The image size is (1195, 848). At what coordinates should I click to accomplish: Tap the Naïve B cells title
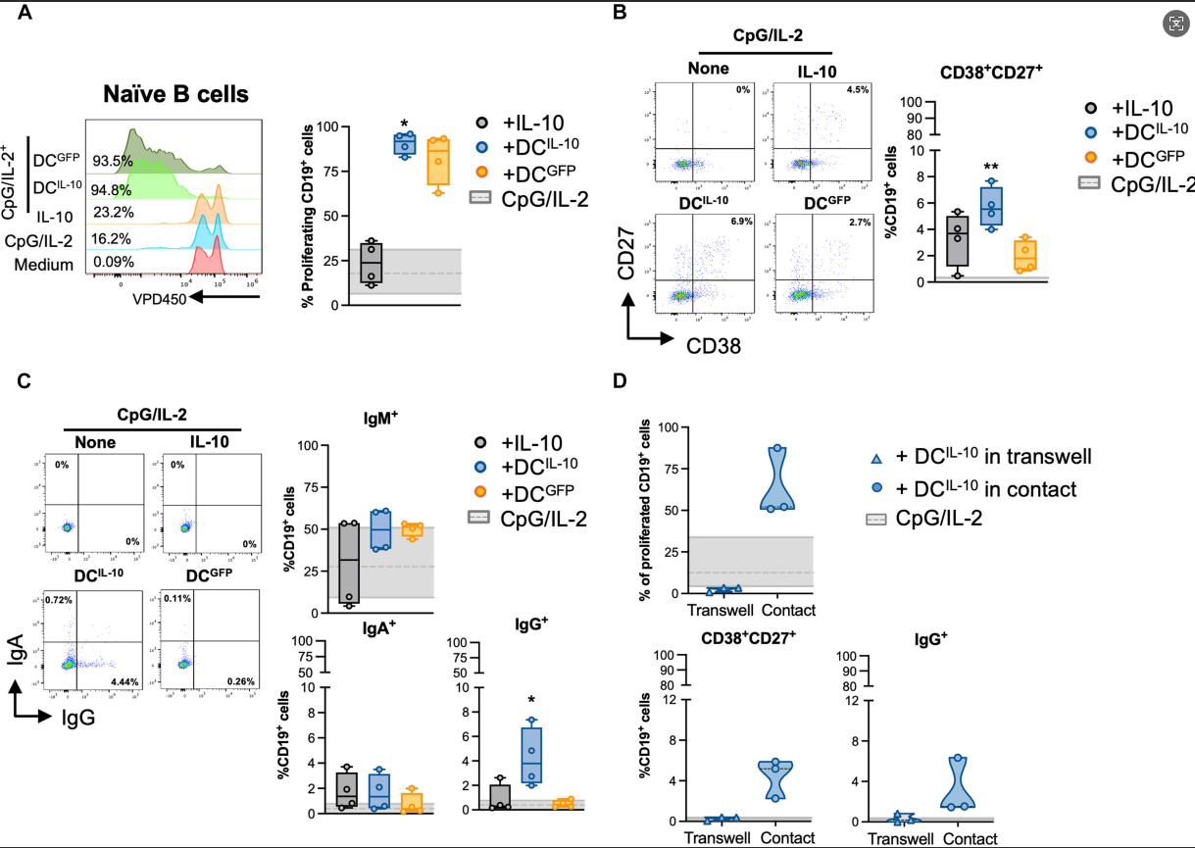176,95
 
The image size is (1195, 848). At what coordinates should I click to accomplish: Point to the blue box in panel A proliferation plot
404,146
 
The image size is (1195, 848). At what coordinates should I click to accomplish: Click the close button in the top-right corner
1174,24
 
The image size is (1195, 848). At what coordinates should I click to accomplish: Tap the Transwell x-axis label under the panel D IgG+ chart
900,838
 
